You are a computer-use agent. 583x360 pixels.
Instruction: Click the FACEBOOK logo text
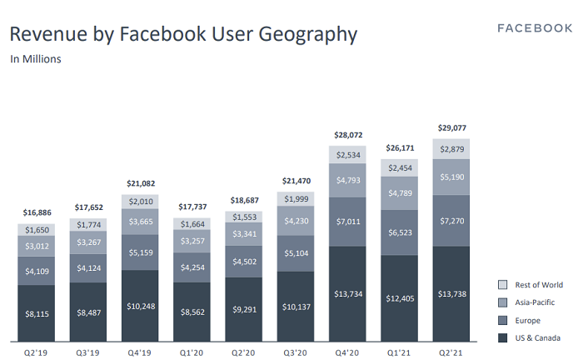click(x=535, y=27)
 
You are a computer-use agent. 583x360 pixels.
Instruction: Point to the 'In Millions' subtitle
click(x=36, y=59)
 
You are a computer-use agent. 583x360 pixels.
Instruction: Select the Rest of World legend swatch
click(x=502, y=285)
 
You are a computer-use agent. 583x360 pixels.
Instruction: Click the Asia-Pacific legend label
click(x=535, y=302)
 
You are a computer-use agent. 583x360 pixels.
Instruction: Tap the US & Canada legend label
click(x=537, y=337)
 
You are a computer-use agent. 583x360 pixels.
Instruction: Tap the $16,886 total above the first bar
click(x=36, y=213)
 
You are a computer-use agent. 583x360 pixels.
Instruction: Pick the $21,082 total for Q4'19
click(x=141, y=183)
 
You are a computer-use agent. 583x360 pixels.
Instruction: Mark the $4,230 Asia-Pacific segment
click(x=297, y=222)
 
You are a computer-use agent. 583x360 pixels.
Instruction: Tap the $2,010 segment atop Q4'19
click(x=141, y=201)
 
